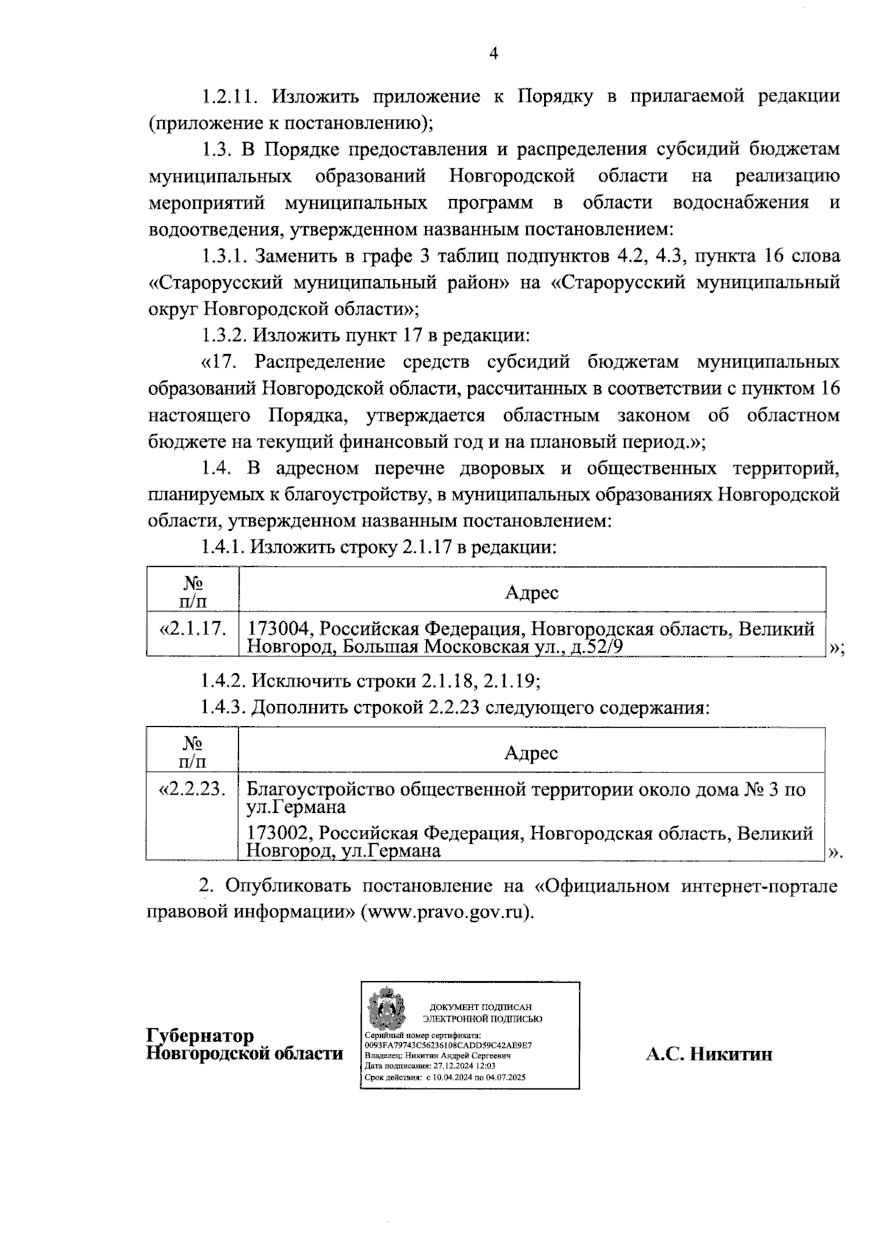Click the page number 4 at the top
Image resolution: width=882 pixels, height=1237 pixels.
point(493,54)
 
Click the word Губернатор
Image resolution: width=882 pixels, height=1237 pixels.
point(201,1036)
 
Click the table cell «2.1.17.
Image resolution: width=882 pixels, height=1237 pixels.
point(193,629)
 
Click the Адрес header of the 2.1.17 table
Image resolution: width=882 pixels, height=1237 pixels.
point(531,592)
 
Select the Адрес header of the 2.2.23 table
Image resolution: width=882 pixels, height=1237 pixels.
point(531,752)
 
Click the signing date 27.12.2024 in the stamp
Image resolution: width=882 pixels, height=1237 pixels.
point(454,1064)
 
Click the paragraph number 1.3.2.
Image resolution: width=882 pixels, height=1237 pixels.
point(225,336)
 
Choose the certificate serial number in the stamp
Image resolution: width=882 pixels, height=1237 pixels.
point(448,1044)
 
